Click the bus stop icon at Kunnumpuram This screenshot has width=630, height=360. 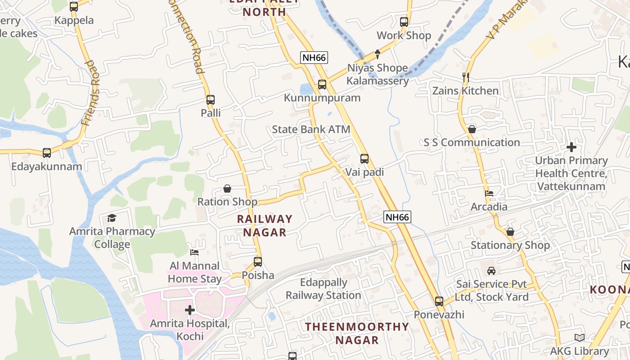coord(322,84)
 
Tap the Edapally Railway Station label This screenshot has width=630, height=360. coord(324,289)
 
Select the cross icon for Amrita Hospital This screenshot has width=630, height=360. coord(190,310)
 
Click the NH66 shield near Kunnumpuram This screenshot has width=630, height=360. coord(314,58)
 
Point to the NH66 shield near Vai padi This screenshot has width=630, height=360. coord(397,217)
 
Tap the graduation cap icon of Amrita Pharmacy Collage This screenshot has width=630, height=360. coord(112,218)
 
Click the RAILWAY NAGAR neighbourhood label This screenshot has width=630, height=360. coord(265,225)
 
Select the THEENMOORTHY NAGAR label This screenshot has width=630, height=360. coord(357,333)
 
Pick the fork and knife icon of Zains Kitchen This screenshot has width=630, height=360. coord(465,77)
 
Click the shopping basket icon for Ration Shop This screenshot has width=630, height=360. coord(227,189)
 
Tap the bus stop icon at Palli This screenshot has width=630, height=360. coord(211,100)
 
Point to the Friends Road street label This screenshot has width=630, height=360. coord(90,93)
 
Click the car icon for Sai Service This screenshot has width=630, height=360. coord(491,271)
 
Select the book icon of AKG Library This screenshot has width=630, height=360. coord(580,338)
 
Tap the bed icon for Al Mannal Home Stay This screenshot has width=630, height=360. coord(194,252)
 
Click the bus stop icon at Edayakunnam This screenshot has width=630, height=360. coord(47,153)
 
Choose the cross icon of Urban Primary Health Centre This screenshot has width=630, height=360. coord(571,147)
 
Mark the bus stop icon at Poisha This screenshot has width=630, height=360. coord(258,262)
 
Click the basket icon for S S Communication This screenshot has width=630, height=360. coord(472,129)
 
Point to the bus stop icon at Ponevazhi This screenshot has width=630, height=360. coord(439,301)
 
